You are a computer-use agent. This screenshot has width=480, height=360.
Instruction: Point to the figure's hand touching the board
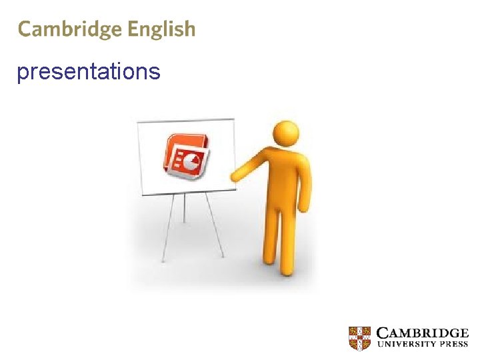pos(236,175)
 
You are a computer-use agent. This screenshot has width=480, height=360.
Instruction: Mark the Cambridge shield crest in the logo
pos(359,337)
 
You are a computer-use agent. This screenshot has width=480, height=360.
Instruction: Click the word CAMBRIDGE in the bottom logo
pos(422,333)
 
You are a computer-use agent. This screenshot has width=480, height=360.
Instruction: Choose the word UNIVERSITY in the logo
pos(405,345)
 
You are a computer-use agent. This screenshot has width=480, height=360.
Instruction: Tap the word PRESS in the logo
pos(453,345)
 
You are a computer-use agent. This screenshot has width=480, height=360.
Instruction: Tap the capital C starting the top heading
pos(25,29)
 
